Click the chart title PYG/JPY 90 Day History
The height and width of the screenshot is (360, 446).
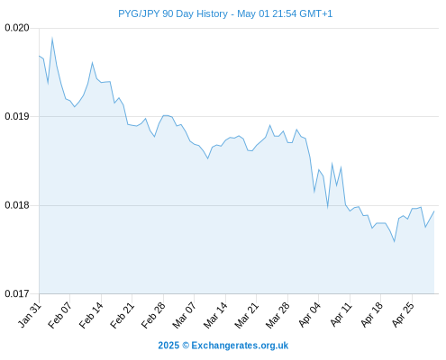173,13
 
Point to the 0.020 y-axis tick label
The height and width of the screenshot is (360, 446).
17,28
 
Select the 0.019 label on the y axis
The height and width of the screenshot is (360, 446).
17,116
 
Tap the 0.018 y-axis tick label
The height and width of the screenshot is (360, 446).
17,205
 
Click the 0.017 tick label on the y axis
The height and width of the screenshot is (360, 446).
17,293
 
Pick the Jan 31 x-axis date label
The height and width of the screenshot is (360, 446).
30,315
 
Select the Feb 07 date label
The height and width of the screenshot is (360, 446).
60,315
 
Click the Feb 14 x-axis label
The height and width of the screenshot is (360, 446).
91,315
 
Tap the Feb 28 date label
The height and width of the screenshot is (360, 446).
153,315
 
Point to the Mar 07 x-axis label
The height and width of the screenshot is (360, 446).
184,315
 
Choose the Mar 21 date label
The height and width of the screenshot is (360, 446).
247,315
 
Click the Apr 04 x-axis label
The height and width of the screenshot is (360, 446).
309,315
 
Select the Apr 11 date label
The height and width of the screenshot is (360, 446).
341,315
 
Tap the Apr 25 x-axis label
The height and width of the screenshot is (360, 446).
403,315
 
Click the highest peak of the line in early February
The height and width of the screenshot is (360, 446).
52,38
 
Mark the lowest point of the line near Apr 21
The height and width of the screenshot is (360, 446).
395,241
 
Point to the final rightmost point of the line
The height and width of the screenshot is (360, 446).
434,211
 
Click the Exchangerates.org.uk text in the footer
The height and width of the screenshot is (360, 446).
240,346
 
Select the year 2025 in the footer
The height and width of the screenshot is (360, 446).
168,346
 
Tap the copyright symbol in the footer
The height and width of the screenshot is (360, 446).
186,346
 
